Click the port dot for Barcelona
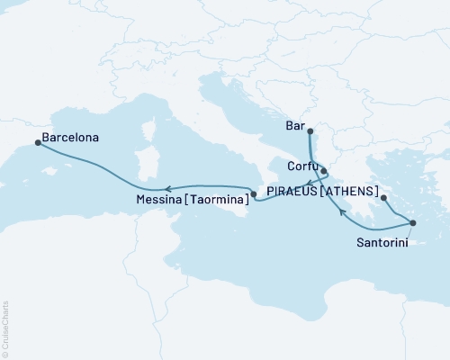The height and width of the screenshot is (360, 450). (37, 142)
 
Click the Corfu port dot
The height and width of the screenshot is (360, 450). (323, 169)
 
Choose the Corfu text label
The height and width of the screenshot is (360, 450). (301, 167)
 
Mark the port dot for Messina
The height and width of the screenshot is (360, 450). (254, 194)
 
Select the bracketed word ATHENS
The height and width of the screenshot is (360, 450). (348, 190)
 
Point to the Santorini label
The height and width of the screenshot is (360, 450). (382, 241)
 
